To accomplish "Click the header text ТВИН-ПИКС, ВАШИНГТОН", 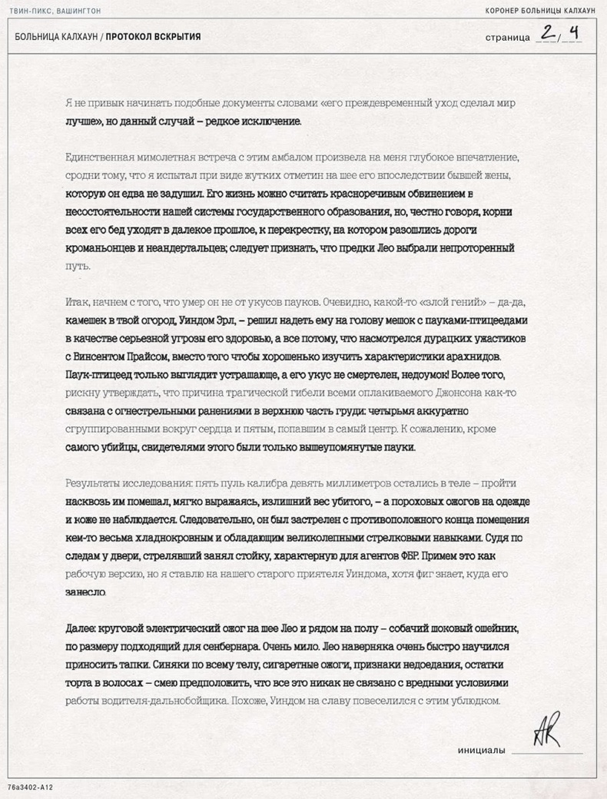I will pos(55,12).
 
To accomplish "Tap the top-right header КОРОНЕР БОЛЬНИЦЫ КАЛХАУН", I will pos(541,12).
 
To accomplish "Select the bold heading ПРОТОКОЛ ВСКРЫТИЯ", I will pos(154,37).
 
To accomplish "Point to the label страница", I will pos(508,38).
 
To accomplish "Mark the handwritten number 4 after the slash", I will pos(572,34).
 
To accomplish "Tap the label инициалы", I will pos(482,750).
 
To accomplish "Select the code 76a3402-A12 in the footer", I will pos(30,788).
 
